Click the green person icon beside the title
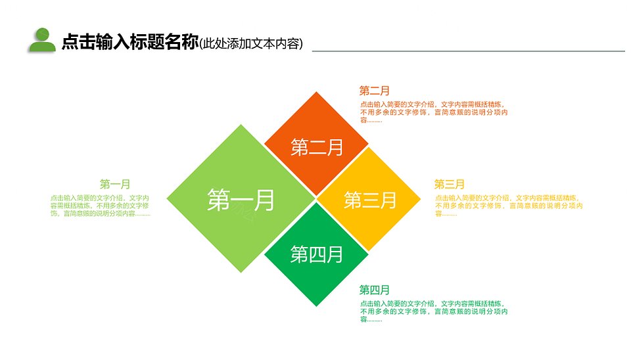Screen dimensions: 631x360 coord(42,39)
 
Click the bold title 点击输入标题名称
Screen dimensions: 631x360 coord(130,41)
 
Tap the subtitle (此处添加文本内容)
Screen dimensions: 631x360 coord(251,43)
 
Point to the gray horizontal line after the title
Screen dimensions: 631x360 coord(469,51)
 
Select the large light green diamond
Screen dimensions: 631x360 coord(241,198)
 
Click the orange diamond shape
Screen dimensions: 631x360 coord(316,144)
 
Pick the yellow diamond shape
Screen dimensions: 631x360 coord(369,198)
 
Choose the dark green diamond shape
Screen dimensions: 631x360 coord(316,254)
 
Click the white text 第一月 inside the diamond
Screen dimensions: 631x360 coord(241,200)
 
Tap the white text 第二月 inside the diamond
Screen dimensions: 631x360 coord(317,147)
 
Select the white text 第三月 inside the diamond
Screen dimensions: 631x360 coord(370,200)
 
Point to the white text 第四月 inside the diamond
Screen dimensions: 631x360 coord(317,254)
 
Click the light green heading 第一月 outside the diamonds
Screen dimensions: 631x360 coord(115,184)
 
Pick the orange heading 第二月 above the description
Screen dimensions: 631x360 coord(374,91)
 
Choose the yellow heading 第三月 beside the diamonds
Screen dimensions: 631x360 coord(449,184)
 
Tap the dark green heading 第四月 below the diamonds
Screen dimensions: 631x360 coord(374,290)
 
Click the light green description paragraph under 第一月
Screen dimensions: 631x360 coord(100,206)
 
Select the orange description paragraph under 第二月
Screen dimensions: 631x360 coord(434,112)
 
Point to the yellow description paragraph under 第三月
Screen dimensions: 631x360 coord(509,206)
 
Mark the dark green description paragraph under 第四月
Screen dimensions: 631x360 coord(434,311)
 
